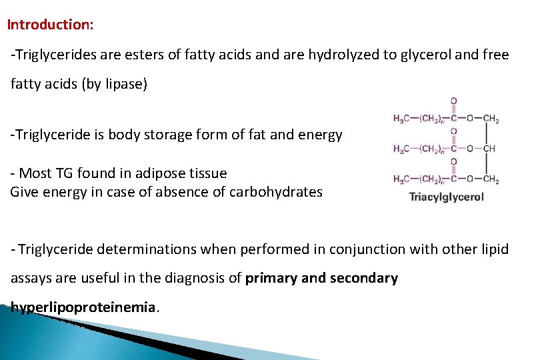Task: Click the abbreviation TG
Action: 65,173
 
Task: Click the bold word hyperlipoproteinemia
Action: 83,307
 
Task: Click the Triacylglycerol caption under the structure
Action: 446,197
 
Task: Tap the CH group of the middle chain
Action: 489,149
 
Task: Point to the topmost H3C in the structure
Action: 403,119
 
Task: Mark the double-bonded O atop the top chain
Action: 453,101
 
